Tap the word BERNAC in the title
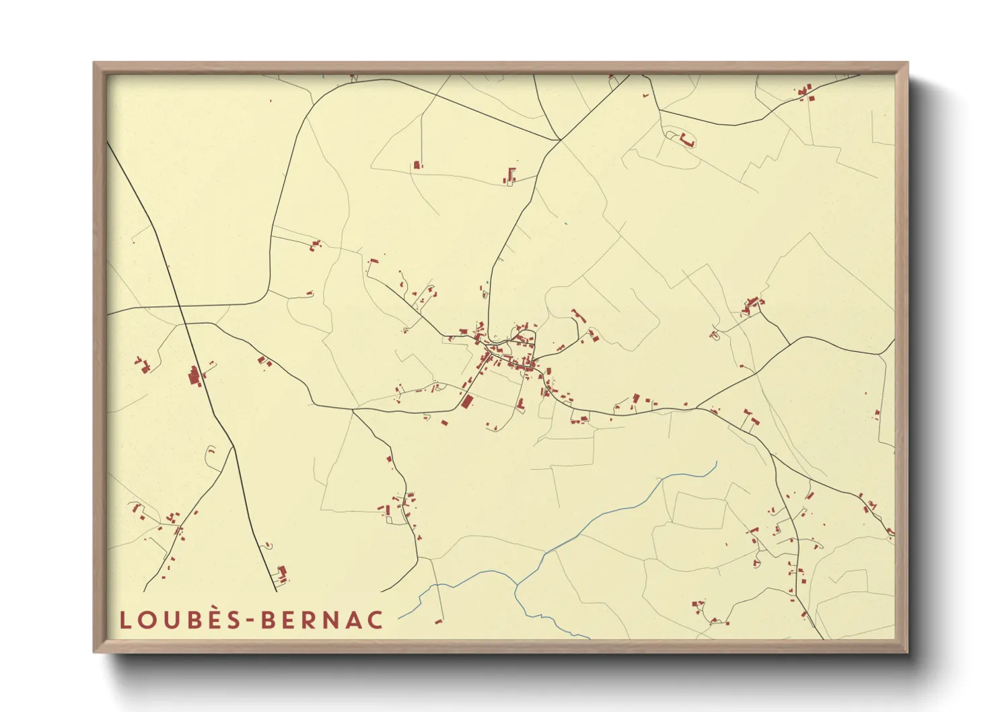[x=322, y=620]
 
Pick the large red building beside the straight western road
[x=194, y=377]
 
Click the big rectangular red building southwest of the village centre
[x=467, y=402]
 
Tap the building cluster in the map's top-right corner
[x=806, y=92]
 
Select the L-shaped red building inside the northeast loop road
[x=686, y=141]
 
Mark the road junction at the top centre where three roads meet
[x=559, y=140]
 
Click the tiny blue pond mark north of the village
[x=565, y=223]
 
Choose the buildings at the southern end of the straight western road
[x=282, y=573]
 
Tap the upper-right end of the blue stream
[x=717, y=462]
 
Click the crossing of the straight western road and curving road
[x=185, y=324]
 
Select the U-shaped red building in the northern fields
[x=510, y=176]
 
